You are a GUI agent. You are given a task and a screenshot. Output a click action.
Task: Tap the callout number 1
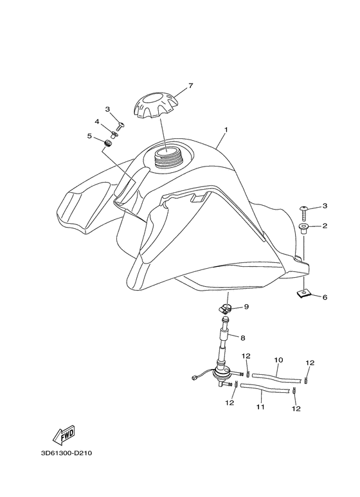click(x=226, y=130)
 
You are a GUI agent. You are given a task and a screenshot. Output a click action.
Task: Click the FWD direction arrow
click(x=64, y=434)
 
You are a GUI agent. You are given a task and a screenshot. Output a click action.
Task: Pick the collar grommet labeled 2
click(x=305, y=229)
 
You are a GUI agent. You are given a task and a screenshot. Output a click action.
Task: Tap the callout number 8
click(x=243, y=338)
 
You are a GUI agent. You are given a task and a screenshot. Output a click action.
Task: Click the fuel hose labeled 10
click(x=276, y=377)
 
